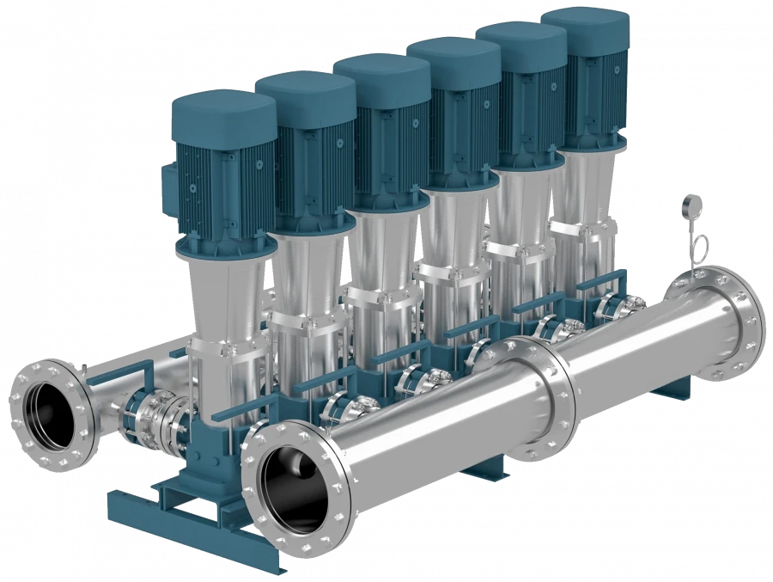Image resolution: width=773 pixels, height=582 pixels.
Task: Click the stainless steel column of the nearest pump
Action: pyautogui.click(x=225, y=292)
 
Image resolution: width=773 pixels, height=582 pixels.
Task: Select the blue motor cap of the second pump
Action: pyautogui.click(x=306, y=94)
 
